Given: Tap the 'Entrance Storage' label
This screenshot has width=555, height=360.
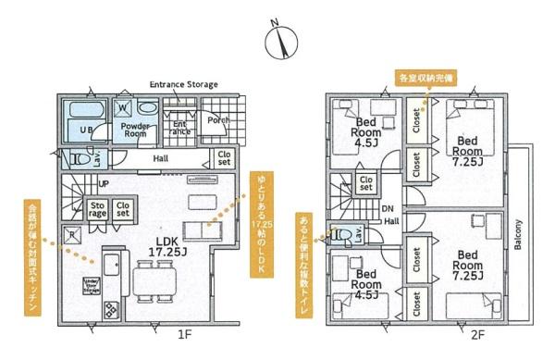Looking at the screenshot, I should (x=183, y=84).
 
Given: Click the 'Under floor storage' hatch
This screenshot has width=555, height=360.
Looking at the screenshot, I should (x=92, y=283).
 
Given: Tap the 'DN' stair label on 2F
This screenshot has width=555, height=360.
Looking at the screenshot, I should (x=388, y=209).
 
